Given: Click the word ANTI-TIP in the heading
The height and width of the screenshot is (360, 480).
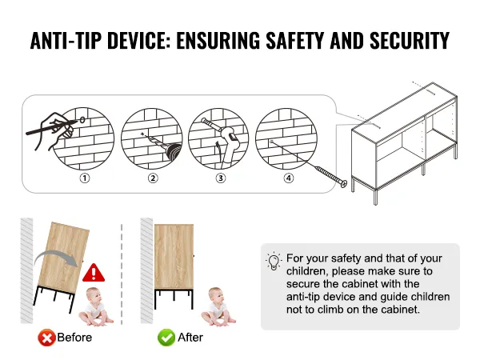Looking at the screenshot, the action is (x=66, y=40).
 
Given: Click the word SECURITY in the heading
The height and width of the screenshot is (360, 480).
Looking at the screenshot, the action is (x=410, y=40).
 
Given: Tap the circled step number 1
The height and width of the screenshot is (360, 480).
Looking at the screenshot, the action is (x=85, y=178).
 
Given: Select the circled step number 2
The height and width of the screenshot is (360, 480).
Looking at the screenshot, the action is (x=153, y=178).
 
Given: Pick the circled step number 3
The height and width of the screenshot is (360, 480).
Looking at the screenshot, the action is (x=221, y=178).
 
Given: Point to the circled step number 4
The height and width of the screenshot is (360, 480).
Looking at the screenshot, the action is (x=289, y=178).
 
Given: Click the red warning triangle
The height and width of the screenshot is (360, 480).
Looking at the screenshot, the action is (x=94, y=273).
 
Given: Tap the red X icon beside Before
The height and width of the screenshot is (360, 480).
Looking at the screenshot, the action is (x=46, y=338).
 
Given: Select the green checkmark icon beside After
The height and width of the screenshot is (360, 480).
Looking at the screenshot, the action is (x=166, y=338).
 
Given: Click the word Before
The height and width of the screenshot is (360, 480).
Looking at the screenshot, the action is (x=74, y=338).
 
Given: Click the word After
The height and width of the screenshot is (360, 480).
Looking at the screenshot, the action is (x=190, y=338).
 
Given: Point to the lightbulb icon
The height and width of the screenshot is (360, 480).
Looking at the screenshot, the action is (x=274, y=261).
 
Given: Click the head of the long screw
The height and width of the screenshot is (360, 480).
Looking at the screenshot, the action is (x=343, y=183).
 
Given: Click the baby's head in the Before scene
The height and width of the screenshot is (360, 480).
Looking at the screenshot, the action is (x=94, y=295).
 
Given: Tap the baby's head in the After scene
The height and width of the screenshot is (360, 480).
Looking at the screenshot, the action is (x=216, y=295).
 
